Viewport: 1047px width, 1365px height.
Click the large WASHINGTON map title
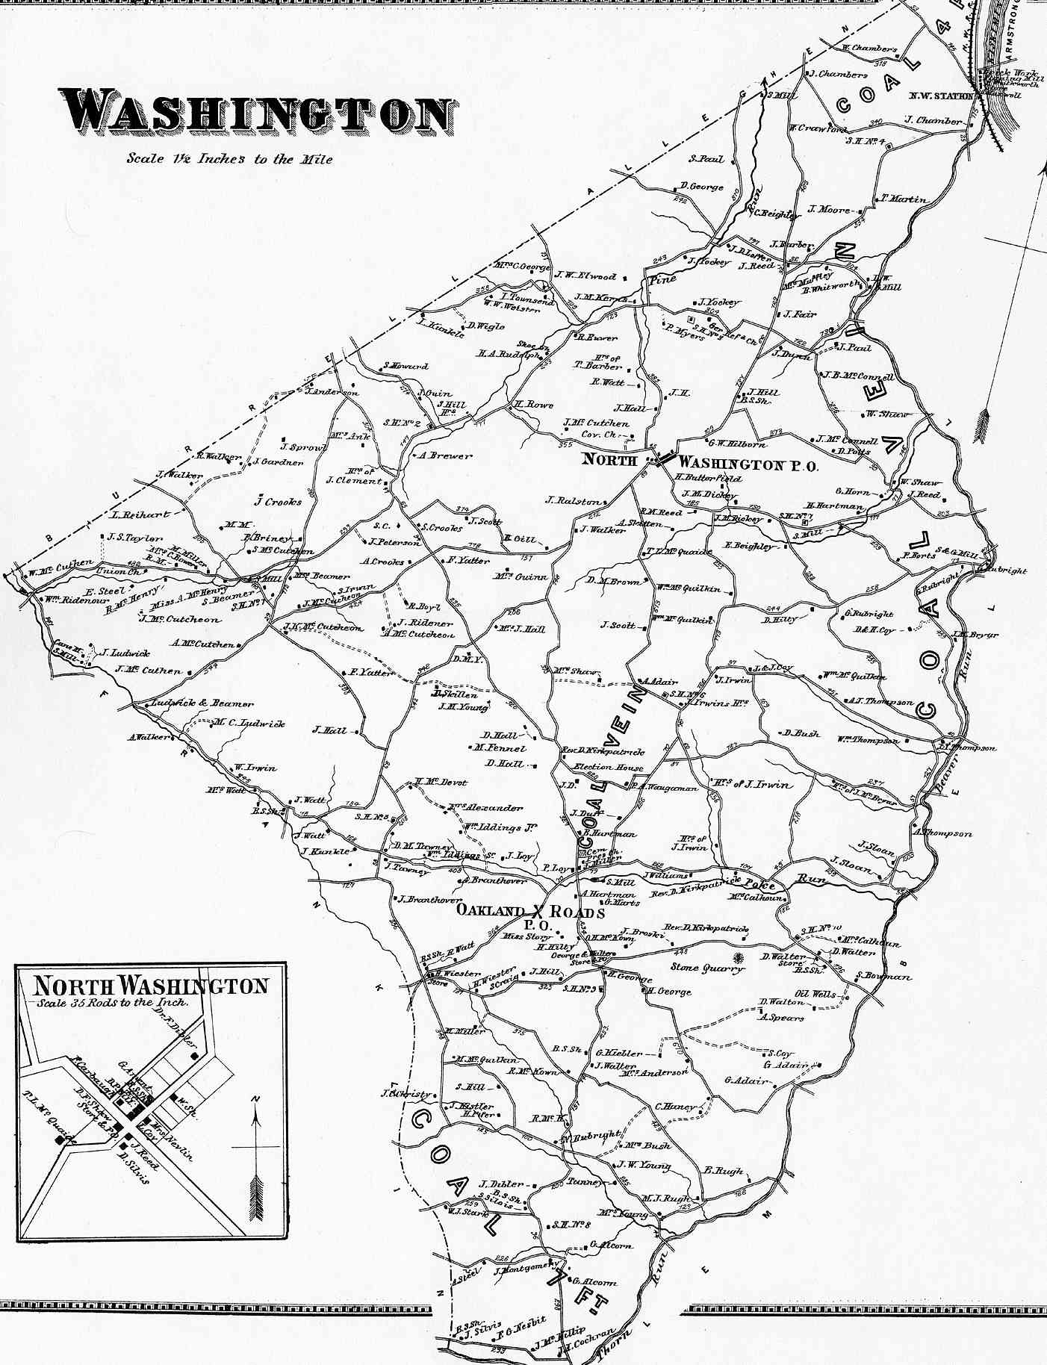click(x=258, y=113)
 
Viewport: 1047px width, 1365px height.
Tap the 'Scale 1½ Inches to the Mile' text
click(x=229, y=158)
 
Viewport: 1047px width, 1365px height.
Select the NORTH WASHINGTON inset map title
click(x=150, y=986)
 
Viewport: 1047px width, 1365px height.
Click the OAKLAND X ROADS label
click(x=530, y=912)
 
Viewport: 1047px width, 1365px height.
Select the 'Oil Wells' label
click(x=815, y=994)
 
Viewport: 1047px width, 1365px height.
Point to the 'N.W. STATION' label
click(x=941, y=96)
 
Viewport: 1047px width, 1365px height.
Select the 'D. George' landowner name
click(x=701, y=186)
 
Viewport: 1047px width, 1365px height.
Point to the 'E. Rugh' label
click(x=724, y=1171)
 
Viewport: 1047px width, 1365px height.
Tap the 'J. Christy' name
click(x=406, y=1094)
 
